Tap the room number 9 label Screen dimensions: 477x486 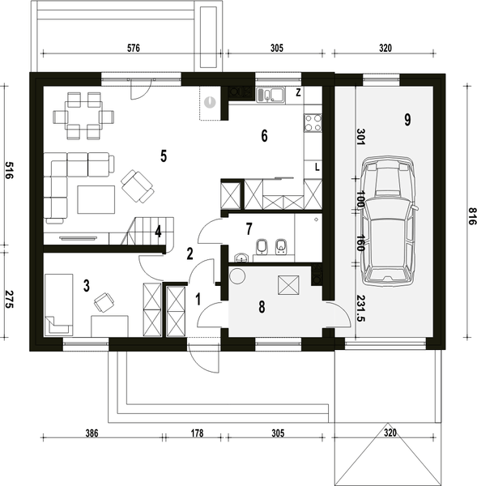click(407, 120)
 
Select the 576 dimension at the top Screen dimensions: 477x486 click(134, 48)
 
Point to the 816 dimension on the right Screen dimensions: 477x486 click(471, 216)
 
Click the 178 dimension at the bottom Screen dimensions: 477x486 click(197, 433)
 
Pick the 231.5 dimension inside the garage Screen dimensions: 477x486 click(361, 308)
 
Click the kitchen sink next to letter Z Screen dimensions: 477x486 click(270, 95)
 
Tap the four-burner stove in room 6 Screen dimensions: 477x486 click(313, 123)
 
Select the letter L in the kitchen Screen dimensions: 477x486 click(317, 168)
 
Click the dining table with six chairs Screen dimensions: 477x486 click(83, 116)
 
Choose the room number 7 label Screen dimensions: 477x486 click(249, 229)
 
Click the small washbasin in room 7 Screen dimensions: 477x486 click(241, 258)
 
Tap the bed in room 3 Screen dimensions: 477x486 click(59, 305)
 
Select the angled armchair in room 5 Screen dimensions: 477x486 click(138, 185)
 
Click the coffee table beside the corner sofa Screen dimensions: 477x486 click(96, 199)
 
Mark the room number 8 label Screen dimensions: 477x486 click(262, 307)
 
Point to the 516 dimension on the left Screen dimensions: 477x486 click(8, 170)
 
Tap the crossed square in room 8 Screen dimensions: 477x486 click(288, 285)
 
